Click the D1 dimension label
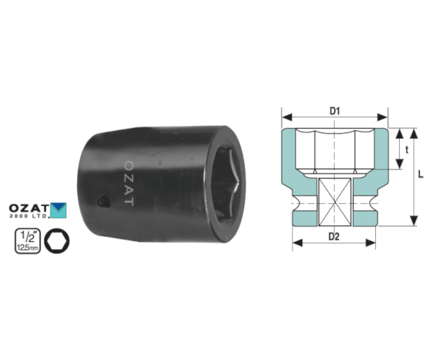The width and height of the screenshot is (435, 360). tap(335, 111)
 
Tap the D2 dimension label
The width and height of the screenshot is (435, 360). tap(334, 237)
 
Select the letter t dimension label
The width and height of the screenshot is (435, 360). tap(407, 150)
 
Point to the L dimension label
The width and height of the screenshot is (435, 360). tap(421, 174)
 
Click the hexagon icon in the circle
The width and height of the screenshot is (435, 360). tap(57, 240)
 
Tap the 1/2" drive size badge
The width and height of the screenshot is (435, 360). tap(27, 240)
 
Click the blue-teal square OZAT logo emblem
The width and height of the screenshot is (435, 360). tap(58, 210)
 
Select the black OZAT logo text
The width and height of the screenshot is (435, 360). tap(29, 208)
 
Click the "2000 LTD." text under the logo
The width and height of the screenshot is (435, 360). tap(30, 216)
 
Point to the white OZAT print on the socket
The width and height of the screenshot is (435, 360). tap(129, 184)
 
